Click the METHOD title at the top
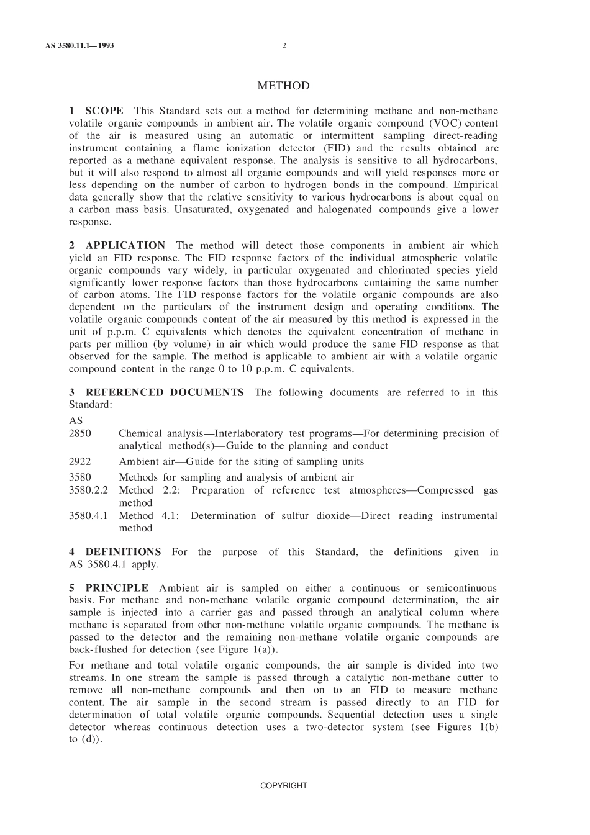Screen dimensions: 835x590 click(283, 86)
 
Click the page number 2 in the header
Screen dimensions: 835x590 click(284, 46)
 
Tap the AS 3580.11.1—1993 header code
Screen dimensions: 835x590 click(79, 46)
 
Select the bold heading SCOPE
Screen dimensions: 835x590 click(104, 111)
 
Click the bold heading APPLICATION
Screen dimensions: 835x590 click(125, 246)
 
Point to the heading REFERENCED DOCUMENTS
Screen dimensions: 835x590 click(165, 392)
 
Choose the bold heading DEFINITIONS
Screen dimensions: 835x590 click(123, 552)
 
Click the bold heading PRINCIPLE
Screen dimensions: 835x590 click(117, 588)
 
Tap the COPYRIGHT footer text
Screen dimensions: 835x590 click(283, 785)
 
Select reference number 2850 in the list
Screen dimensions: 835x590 click(79, 433)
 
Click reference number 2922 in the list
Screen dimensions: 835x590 click(79, 461)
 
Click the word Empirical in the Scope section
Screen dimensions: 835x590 click(476, 185)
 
